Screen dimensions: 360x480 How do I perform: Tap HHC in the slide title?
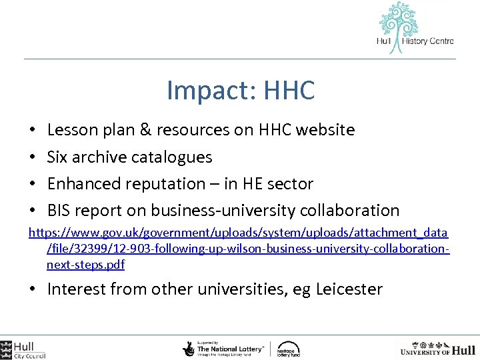click(289, 91)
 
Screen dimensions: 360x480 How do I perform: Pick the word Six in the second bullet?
click(58, 157)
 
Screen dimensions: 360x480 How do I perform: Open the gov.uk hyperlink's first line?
click(237, 234)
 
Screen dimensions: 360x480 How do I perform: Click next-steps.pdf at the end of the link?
click(85, 265)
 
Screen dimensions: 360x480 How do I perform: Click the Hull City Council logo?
click(23, 349)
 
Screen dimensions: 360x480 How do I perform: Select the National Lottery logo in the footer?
click(225, 349)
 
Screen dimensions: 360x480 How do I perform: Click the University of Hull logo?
click(437, 349)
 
